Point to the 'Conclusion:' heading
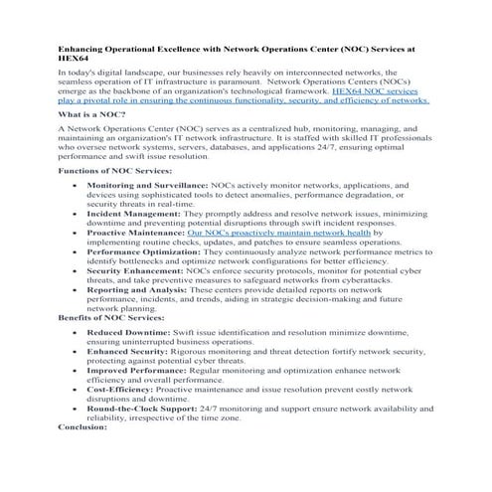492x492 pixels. [82, 426]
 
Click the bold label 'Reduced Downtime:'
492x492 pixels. [124, 331]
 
